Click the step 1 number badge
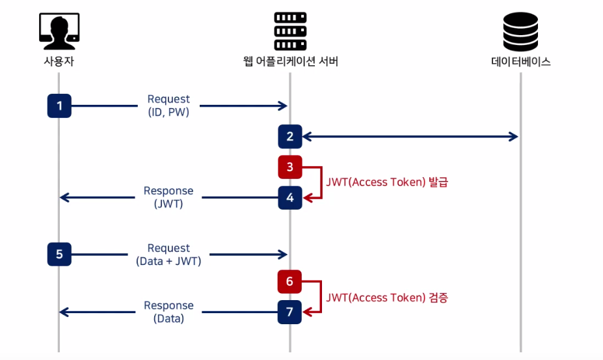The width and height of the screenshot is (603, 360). click(x=59, y=105)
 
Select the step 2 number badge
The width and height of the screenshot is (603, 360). click(x=290, y=136)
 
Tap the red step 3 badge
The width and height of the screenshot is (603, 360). click(x=290, y=167)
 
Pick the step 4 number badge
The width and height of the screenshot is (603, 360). click(x=290, y=197)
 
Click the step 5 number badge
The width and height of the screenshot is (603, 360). click(x=59, y=254)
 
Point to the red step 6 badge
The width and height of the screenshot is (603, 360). click(x=289, y=281)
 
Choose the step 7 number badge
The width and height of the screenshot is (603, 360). click(x=289, y=312)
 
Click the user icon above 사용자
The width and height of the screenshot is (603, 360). click(x=59, y=31)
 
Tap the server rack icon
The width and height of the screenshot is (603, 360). click(x=290, y=31)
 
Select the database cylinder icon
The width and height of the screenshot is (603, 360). click(x=520, y=31)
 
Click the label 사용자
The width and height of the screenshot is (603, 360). click(x=59, y=61)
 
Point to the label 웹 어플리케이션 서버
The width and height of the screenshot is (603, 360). click(x=290, y=61)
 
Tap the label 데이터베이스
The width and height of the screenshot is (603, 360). click(x=520, y=62)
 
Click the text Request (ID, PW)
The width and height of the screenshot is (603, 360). click(x=168, y=105)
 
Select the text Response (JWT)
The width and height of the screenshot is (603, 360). click(x=168, y=197)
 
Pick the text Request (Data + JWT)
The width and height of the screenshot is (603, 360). click(x=168, y=255)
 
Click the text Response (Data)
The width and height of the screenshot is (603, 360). click(x=168, y=312)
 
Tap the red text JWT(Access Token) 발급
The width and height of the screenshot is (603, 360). click(x=387, y=182)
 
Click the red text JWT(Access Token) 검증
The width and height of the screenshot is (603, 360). click(x=387, y=298)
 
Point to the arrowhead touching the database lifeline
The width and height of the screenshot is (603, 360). click(x=514, y=136)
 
